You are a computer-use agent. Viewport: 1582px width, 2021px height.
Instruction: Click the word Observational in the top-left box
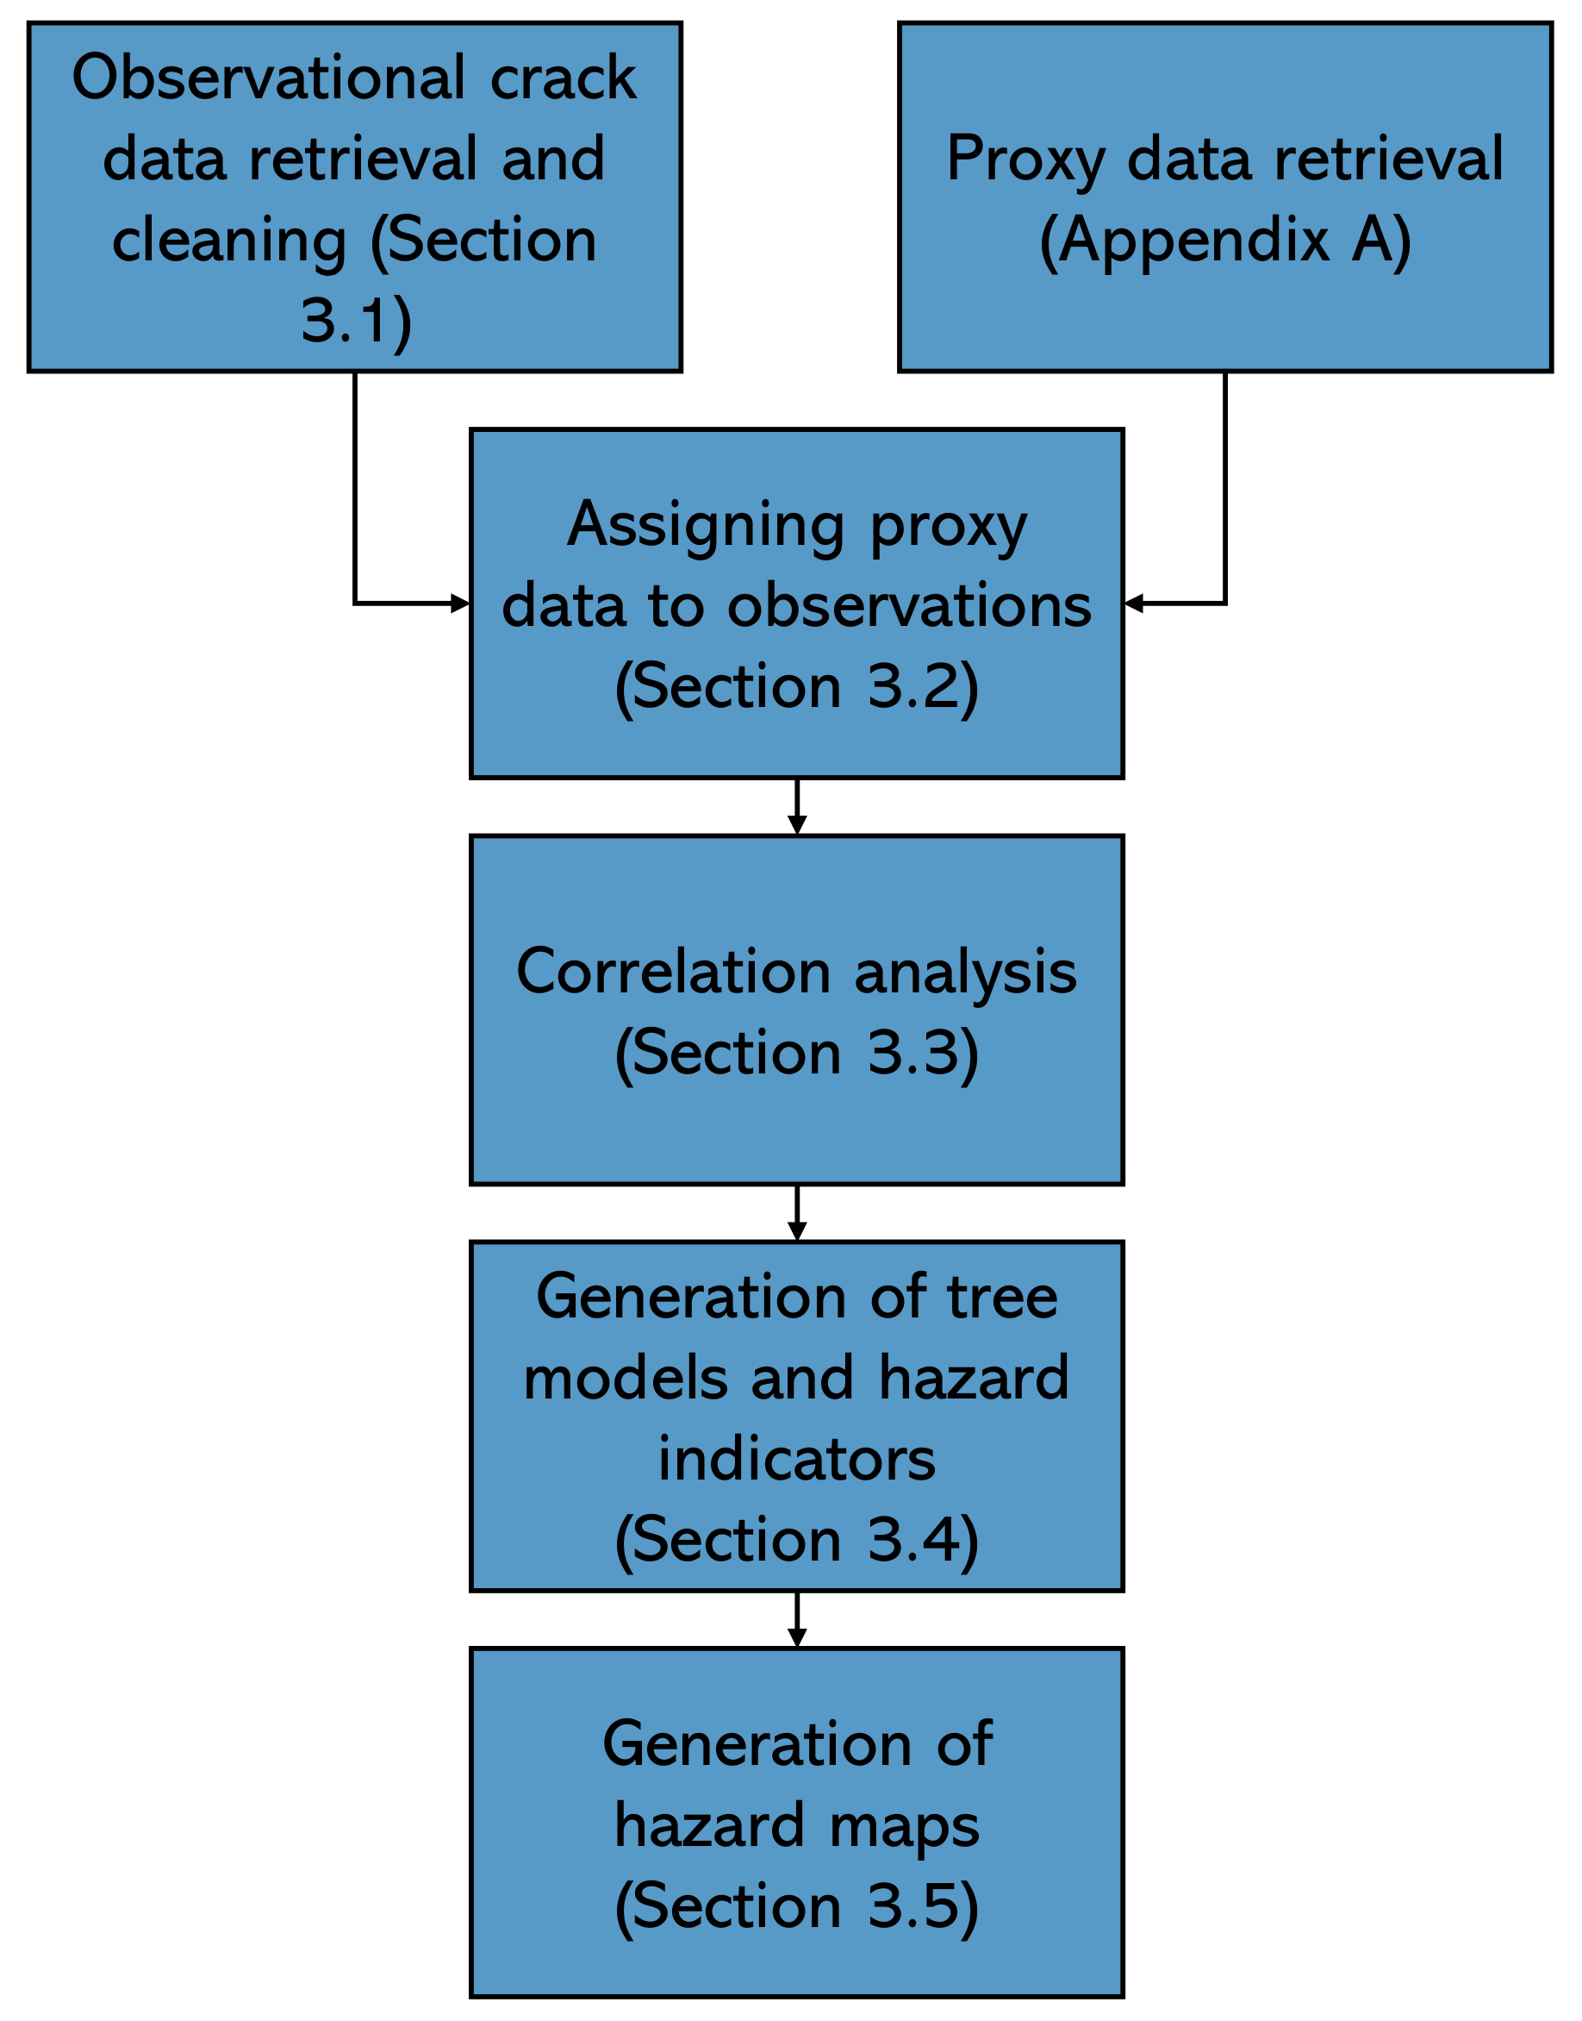pyautogui.click(x=270, y=78)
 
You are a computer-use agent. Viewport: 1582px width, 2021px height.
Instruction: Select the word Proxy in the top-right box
pyautogui.click(x=1025, y=160)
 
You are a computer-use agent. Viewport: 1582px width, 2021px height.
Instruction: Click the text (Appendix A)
pyautogui.click(x=1224, y=241)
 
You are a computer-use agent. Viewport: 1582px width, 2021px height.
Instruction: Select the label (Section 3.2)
pyautogui.click(x=796, y=687)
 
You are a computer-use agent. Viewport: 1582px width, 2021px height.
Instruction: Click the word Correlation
pyautogui.click(x=673, y=973)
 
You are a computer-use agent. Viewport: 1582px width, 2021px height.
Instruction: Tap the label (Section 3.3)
pyautogui.click(x=796, y=1054)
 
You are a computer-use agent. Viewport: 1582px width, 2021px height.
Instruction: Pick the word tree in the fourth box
pyautogui.click(x=1002, y=1298)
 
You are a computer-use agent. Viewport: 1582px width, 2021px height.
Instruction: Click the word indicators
pyautogui.click(x=796, y=1460)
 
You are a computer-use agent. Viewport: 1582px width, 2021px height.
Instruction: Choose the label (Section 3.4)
pyautogui.click(x=796, y=1540)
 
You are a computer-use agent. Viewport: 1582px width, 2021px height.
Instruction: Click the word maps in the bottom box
pyautogui.click(x=904, y=1826)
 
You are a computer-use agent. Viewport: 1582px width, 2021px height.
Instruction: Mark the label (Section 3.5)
pyautogui.click(x=796, y=1907)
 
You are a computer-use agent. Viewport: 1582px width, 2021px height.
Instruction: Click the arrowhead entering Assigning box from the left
pyautogui.click(x=460, y=604)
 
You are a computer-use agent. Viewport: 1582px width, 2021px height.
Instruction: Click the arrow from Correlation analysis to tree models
pyautogui.click(x=796, y=1215)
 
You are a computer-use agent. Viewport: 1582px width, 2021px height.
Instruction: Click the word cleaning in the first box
pyautogui.click(x=229, y=241)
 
